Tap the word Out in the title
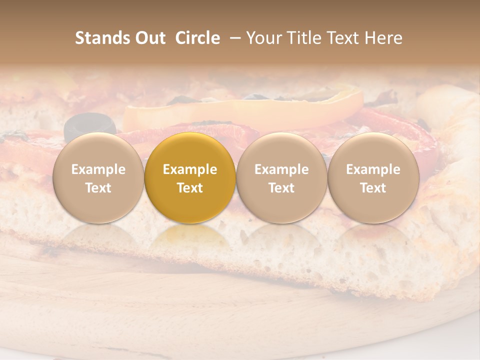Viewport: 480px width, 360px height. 149,38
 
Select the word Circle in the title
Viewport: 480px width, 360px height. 197,38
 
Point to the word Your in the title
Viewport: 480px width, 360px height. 263,38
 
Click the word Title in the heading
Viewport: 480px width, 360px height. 301,38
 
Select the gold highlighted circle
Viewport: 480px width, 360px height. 190,178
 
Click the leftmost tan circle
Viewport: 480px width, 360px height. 98,178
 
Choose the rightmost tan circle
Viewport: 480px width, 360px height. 373,178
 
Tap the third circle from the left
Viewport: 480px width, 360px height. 281,178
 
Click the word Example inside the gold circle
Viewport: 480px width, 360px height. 190,169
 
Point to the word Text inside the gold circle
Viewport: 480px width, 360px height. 190,188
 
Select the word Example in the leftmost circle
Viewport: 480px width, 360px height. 98,169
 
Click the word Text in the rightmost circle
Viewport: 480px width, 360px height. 373,188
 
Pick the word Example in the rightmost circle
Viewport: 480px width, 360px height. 373,169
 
